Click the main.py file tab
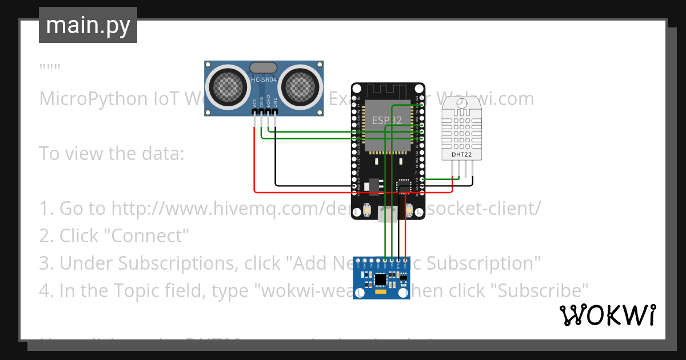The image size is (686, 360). tap(88, 25)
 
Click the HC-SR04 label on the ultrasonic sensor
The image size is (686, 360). tap(264, 80)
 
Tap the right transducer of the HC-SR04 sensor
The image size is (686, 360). tap(302, 86)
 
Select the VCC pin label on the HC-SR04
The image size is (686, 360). tap(254, 103)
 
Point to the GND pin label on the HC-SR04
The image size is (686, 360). tap(275, 103)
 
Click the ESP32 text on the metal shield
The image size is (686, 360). tap(387, 121)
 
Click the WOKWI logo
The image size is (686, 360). tap(607, 315)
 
